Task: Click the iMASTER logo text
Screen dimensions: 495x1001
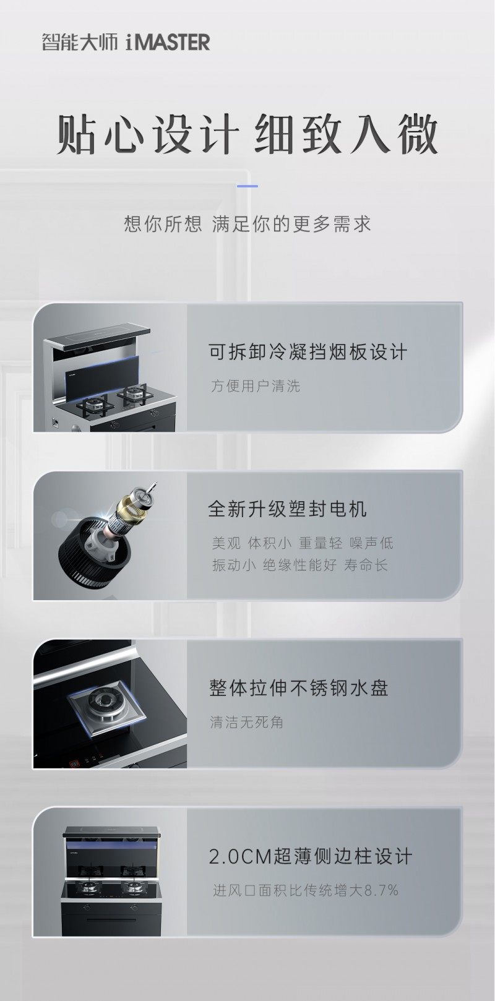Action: tap(168, 42)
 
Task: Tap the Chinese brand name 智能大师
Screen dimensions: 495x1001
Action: tap(80, 43)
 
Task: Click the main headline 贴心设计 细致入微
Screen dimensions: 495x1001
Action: tap(247, 134)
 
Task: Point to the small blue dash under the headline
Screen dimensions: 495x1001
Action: tap(247, 186)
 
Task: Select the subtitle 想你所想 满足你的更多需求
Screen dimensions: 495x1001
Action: tap(247, 223)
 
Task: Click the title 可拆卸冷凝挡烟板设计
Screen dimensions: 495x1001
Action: tap(308, 351)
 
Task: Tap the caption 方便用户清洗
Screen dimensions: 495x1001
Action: tap(255, 385)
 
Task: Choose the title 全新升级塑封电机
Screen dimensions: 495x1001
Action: tap(287, 509)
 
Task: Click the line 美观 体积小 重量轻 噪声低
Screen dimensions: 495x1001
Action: tap(303, 543)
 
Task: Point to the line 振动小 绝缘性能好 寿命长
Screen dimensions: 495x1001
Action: tap(299, 565)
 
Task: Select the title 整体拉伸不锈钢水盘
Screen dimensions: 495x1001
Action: tap(298, 688)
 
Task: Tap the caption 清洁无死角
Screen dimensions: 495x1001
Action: tap(247, 722)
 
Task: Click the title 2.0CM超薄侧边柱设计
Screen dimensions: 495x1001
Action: tap(310, 856)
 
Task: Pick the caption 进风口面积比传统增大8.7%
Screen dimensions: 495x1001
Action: tap(306, 890)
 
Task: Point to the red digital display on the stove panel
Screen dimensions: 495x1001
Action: tap(75, 763)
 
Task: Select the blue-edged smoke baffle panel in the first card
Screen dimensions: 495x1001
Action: tap(102, 376)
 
